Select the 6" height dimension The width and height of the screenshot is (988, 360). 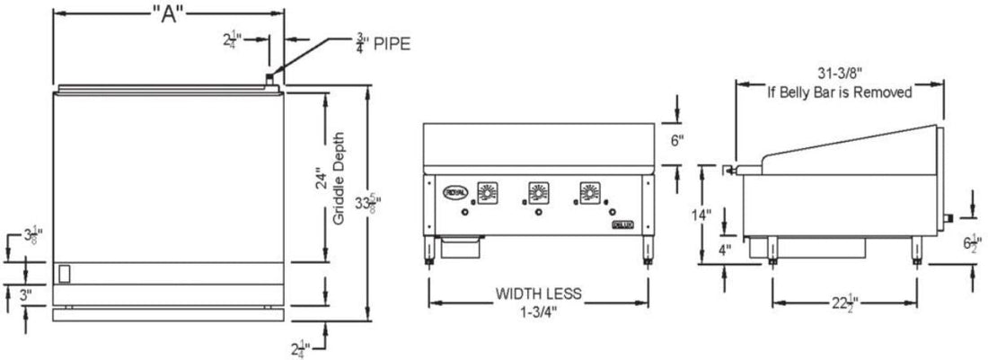coord(677,140)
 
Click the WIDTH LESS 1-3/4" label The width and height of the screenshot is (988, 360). coord(539,302)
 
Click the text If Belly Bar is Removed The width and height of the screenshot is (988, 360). coord(839,92)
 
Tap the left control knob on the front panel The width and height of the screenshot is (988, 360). coord(487,192)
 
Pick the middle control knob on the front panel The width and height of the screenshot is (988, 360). coord(537,192)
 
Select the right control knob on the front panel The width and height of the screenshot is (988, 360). coord(588,192)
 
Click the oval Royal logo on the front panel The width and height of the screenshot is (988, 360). coord(452,190)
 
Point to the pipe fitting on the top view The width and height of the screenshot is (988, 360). coord(269,82)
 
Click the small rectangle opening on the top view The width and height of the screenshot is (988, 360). coord(63,273)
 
